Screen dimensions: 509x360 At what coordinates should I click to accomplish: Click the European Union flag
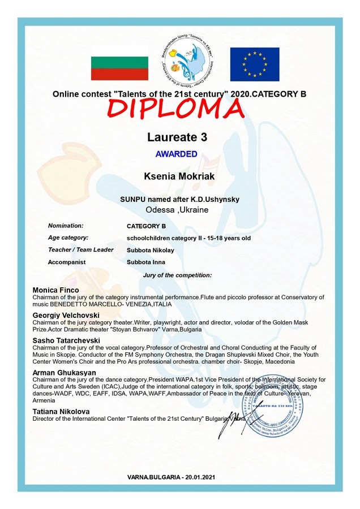tap(254, 64)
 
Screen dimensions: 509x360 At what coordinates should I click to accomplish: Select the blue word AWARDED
tap(176, 154)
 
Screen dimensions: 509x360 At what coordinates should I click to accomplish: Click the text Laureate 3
tap(177, 137)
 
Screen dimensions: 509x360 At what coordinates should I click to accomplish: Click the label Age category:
tap(68, 238)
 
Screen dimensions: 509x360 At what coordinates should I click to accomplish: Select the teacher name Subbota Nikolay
tap(151, 250)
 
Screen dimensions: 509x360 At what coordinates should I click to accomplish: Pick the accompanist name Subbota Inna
tap(146, 262)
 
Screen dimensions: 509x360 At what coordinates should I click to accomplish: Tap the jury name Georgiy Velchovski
tap(66, 315)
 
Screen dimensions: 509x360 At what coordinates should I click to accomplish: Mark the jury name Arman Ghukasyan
tap(65, 373)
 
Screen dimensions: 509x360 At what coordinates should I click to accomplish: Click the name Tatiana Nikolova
tap(61, 411)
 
